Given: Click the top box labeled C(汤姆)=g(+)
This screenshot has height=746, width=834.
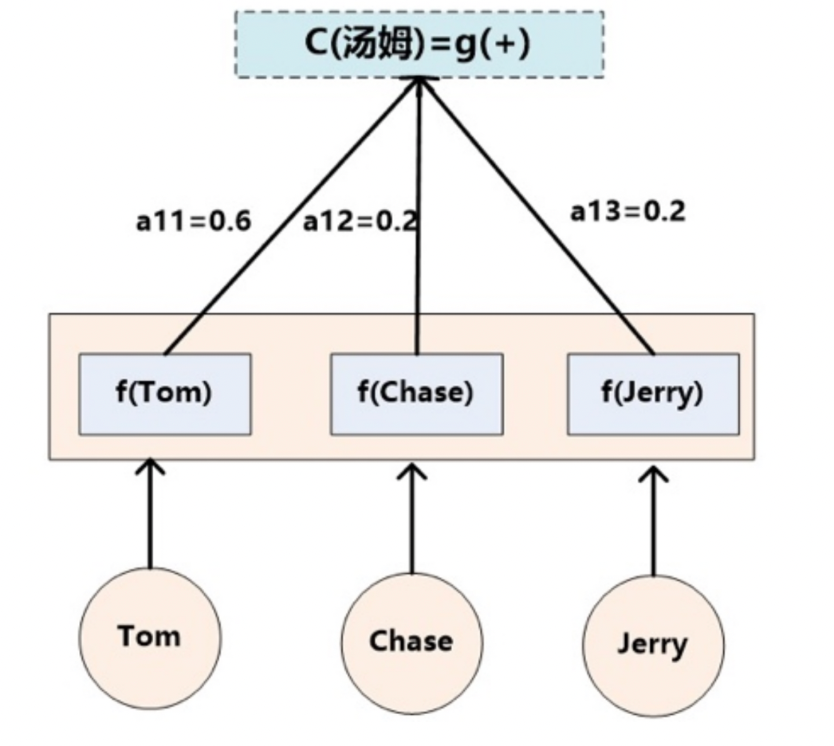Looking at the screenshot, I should pos(419,44).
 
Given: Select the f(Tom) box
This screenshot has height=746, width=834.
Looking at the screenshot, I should pos(165,394).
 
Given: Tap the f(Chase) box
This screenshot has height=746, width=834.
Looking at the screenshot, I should pos(416,394).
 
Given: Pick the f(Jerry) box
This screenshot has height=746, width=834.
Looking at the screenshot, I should pos(653,394).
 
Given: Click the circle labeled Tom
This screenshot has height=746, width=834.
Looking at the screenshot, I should pos(150,638).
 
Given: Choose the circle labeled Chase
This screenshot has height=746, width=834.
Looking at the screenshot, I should pos(411,642).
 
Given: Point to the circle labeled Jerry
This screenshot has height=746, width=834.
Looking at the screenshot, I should pos(653,644).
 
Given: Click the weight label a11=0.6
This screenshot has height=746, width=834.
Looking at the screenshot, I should pos(194,221).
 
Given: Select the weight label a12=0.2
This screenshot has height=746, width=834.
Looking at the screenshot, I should pos(360,221).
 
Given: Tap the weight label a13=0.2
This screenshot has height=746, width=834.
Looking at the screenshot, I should pos(627,211).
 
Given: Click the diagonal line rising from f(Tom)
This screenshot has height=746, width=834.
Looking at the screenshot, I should pos(291,215).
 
